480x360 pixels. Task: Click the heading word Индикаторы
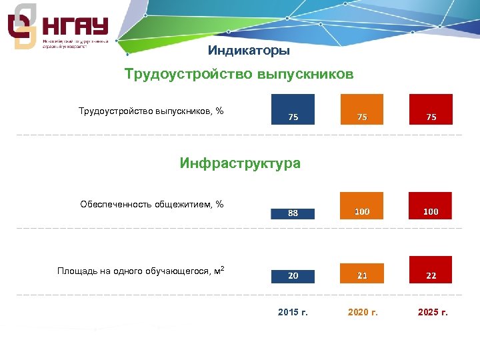[x=249, y=51]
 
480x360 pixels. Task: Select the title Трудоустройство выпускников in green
[x=239, y=74]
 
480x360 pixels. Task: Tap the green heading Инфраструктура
[x=240, y=163]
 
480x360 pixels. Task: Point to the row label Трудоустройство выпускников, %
[x=151, y=111]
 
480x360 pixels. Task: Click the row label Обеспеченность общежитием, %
[x=151, y=204]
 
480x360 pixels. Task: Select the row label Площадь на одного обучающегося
[x=137, y=271]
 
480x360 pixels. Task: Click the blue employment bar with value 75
[x=293, y=110]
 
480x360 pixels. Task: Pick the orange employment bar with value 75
[x=362, y=110]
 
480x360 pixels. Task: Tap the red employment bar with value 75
[x=431, y=110]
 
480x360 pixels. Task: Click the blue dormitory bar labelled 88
[x=293, y=213]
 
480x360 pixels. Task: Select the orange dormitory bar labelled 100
[x=362, y=206]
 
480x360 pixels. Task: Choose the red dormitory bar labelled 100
[x=431, y=206]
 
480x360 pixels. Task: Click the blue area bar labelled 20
[x=293, y=275]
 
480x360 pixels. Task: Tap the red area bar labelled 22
[x=431, y=270]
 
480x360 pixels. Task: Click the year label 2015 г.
[x=293, y=312]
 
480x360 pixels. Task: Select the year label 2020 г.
[x=363, y=312]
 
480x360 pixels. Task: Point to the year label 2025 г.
[x=432, y=312]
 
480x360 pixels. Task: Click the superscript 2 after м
[x=221, y=268]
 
